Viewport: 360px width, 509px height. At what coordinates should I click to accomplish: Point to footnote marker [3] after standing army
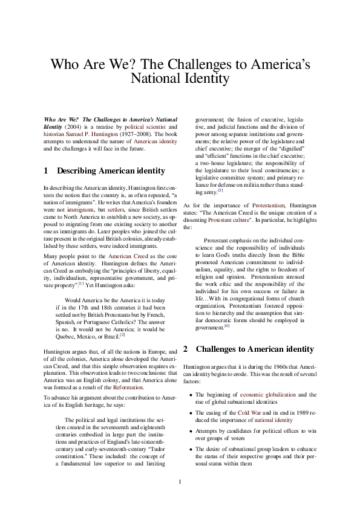(221, 190)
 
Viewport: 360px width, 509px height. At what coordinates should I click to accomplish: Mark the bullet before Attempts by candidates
(191, 429)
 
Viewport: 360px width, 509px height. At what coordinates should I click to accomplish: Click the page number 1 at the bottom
(180, 481)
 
